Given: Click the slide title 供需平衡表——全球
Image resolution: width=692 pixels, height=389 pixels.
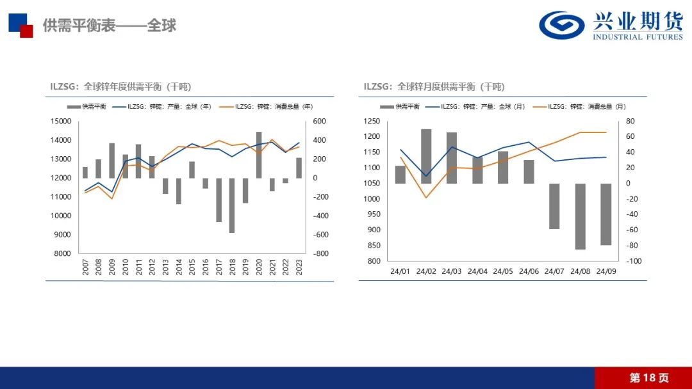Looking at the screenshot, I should click(x=109, y=26).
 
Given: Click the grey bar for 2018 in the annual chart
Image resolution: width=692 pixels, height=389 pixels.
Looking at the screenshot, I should click(x=232, y=205).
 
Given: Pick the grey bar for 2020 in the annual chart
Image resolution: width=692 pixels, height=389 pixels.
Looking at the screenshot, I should click(x=259, y=155).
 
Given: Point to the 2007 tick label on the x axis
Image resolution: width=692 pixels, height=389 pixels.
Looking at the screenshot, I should click(x=85, y=268).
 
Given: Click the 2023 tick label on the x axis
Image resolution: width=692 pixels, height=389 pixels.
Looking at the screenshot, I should click(x=299, y=268).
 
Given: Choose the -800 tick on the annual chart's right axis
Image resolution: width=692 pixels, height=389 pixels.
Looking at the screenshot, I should click(x=320, y=253).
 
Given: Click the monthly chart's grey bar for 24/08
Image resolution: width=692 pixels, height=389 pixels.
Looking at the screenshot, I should click(x=580, y=216).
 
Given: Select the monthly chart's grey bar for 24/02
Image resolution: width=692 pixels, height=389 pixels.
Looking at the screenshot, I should click(x=426, y=156).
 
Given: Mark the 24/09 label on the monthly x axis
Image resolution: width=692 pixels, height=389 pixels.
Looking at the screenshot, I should click(x=605, y=271).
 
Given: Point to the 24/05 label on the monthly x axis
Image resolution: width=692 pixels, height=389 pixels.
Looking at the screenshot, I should click(x=503, y=271).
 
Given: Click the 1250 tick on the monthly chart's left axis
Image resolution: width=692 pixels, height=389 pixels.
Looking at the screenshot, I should click(x=372, y=121).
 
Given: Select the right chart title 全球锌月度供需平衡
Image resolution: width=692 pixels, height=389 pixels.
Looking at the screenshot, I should click(x=434, y=86).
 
